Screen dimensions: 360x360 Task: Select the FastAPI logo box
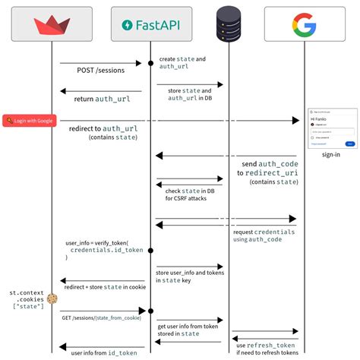pos(150,25)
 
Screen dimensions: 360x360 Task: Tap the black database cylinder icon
pos(227,24)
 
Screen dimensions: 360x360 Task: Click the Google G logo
pos(304,25)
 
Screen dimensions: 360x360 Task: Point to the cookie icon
pos(52,299)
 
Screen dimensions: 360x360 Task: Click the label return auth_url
pos(99,99)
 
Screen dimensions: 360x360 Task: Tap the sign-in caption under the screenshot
pos(330,154)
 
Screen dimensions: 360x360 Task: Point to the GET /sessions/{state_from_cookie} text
pos(99,317)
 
